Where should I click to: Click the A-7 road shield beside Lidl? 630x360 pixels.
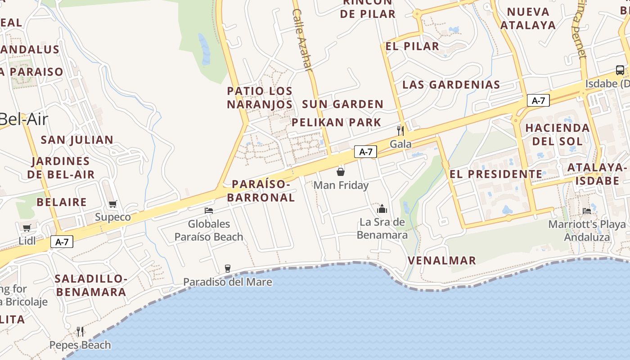point(62,242)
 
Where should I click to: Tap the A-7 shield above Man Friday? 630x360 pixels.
point(365,152)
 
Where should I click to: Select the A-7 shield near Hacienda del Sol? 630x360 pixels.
point(538,100)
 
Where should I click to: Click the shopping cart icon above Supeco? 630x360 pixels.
point(113,204)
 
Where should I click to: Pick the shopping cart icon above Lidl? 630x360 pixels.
point(27,228)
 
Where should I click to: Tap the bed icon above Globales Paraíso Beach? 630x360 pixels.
point(209,210)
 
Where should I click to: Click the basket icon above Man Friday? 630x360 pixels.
point(341,171)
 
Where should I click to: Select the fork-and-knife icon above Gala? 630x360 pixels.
point(400,130)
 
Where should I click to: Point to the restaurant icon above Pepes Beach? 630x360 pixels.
point(80,332)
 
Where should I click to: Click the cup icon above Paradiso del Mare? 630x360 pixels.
point(228,269)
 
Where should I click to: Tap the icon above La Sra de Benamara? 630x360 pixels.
point(382,208)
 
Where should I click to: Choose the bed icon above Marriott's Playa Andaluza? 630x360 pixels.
point(587,211)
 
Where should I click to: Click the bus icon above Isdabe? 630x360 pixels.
point(620,70)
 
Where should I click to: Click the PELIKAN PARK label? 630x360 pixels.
point(336,122)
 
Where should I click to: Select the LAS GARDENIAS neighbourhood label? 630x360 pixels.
point(451,85)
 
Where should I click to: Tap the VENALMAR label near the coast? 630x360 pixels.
point(441,261)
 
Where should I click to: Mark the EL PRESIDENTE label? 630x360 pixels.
point(496,174)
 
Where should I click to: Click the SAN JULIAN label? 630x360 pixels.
point(77,140)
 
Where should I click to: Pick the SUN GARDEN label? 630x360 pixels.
point(342,104)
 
